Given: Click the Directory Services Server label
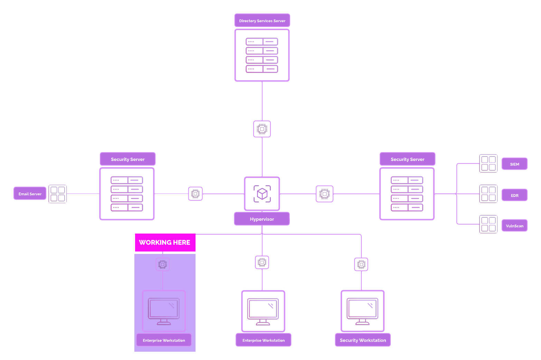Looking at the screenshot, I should coord(262,21).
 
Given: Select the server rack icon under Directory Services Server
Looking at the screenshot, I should coord(262,55).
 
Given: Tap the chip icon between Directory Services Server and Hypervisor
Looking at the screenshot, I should coord(262,129).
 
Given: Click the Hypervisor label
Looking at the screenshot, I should coord(262,219).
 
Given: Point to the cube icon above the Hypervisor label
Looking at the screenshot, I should coord(262,194).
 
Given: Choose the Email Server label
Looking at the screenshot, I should coord(30,194).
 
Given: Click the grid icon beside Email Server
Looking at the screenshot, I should coord(58,194).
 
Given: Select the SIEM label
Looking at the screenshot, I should coord(514,164).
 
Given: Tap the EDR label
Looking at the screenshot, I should coord(514,195).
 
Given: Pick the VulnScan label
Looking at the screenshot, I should coord(514,226).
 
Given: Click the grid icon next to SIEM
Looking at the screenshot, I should coord(488,163).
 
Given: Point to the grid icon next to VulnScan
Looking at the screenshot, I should coord(488,224).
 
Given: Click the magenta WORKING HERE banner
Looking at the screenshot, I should coord(165,243).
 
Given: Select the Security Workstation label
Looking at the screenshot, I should coord(363,340).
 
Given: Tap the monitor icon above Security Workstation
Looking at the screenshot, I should coord(363,311).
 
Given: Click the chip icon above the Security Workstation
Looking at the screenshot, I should coord(361,264).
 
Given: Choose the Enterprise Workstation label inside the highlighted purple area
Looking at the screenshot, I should coord(164,340).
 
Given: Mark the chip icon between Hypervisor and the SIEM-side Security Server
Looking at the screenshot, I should coord(325,194).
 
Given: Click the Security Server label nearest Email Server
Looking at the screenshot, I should coord(128,159).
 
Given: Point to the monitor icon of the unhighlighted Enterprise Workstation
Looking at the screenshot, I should coord(263,311).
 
